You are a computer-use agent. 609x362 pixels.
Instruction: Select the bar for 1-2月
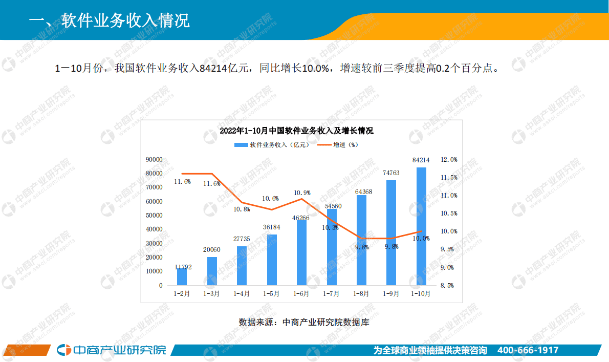182,276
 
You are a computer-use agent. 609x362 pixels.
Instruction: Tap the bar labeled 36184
272,260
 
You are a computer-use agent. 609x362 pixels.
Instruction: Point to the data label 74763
391,173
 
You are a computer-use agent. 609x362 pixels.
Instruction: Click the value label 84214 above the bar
421,160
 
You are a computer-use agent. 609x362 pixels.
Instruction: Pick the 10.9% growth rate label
302,193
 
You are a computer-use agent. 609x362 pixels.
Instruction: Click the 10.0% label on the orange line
421,239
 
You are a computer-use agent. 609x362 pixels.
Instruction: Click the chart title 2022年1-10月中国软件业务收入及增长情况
296,131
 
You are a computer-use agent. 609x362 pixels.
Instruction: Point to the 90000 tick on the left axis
154,160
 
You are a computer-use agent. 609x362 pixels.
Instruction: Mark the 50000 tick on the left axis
154,216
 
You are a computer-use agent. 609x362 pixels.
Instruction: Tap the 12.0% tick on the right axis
449,160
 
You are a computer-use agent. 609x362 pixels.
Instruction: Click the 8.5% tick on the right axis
447,286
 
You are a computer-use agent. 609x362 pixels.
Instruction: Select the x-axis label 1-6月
301,294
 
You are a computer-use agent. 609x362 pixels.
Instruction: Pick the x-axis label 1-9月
391,294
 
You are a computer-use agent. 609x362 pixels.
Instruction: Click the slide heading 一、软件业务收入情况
110,20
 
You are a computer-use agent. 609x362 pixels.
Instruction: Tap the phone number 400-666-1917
528,351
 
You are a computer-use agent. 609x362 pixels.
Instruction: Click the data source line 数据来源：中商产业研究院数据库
303,323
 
